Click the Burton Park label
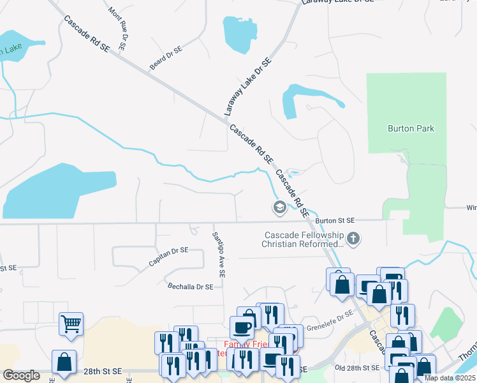click(x=411, y=128)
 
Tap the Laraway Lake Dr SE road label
click(x=248, y=87)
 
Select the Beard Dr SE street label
click(x=166, y=57)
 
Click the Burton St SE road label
click(x=334, y=220)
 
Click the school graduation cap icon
click(x=279, y=207)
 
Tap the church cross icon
click(x=354, y=239)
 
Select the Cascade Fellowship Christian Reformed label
click(x=304, y=239)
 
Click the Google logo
click(x=22, y=375)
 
